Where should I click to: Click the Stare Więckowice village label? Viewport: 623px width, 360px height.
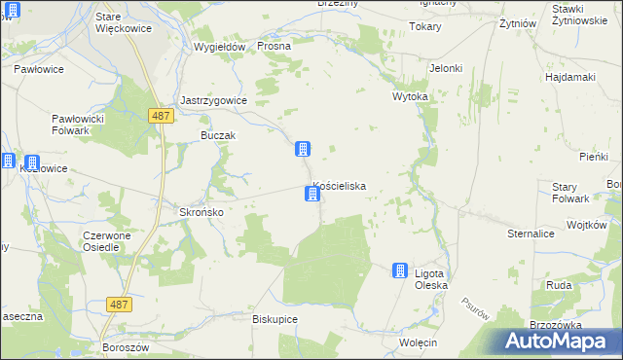122,22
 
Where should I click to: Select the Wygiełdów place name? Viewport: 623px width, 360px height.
218,47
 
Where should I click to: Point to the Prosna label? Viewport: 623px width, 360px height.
275,47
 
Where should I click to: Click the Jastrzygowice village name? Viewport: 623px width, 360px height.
214,100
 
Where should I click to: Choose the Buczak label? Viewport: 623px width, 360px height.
218,135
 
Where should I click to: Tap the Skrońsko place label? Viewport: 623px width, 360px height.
202,212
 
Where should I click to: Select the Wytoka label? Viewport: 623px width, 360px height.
410,98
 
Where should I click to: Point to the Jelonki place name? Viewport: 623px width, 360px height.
445,68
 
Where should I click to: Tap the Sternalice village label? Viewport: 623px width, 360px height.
531,234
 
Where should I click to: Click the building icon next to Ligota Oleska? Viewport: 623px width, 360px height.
400,270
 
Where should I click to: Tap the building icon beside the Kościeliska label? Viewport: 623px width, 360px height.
311,195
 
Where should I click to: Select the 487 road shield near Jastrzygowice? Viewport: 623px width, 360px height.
163,116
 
